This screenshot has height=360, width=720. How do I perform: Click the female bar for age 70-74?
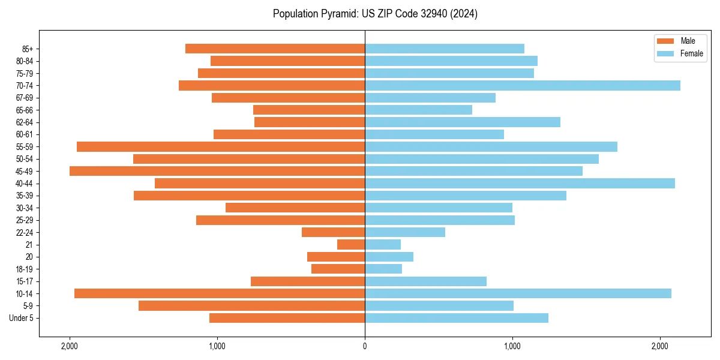coord(522,85)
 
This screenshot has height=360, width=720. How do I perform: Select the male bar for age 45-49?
coord(217,171)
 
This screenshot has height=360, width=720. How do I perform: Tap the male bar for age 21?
coord(351,244)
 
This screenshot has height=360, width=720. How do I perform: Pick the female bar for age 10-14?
coord(518,293)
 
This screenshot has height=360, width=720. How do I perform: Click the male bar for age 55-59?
coord(221,146)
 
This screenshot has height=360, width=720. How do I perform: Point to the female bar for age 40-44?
coord(520,183)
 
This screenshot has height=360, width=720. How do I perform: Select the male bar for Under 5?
coord(287,318)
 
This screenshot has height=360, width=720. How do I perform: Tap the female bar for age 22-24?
coord(405,232)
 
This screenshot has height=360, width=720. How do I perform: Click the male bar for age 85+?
coord(275,49)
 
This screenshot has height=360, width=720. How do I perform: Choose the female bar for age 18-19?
coord(383,269)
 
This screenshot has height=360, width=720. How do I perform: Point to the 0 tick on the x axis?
coord(365,346)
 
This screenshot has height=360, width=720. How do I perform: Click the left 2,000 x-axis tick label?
coord(70,346)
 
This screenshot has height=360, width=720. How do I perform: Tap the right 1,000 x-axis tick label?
coord(512,346)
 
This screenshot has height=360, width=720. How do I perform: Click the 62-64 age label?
coord(25,122)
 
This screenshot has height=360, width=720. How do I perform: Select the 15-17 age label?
coord(25,281)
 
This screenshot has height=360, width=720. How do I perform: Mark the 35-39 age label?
coord(25,196)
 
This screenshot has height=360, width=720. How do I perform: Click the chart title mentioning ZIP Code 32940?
coord(375,14)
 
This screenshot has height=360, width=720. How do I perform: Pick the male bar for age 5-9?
coord(251,305)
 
